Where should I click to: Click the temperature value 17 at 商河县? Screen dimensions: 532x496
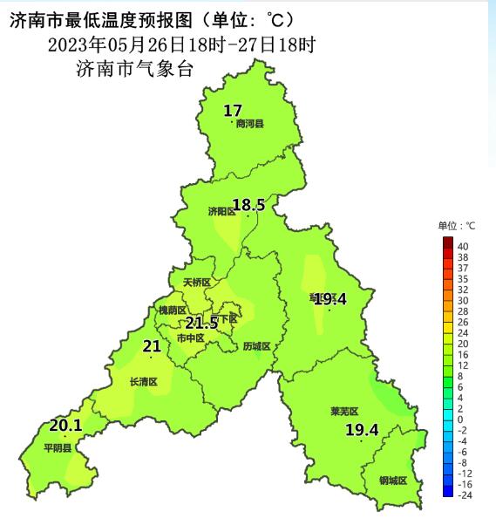click(x=232, y=111)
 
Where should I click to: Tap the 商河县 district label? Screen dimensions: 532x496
click(x=249, y=124)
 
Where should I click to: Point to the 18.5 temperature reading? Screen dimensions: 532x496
click(x=248, y=205)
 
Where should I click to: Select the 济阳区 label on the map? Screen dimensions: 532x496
click(x=221, y=211)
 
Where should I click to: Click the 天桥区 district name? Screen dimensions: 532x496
click(x=197, y=283)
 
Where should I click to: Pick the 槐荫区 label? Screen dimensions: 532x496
click(x=172, y=310)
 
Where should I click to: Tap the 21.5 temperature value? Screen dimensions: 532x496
click(x=201, y=323)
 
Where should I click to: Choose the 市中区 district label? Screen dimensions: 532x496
click(x=190, y=338)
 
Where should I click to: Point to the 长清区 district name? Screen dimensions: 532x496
click(x=143, y=381)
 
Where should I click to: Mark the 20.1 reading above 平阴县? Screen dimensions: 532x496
click(x=65, y=426)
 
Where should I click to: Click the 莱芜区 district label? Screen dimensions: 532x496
click(x=344, y=411)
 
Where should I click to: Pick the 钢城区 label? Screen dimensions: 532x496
click(x=393, y=481)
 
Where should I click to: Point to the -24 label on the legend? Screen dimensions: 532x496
click(x=464, y=494)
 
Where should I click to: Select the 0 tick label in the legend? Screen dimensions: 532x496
click(x=459, y=419)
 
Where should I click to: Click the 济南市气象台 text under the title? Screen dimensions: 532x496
click(x=134, y=70)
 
